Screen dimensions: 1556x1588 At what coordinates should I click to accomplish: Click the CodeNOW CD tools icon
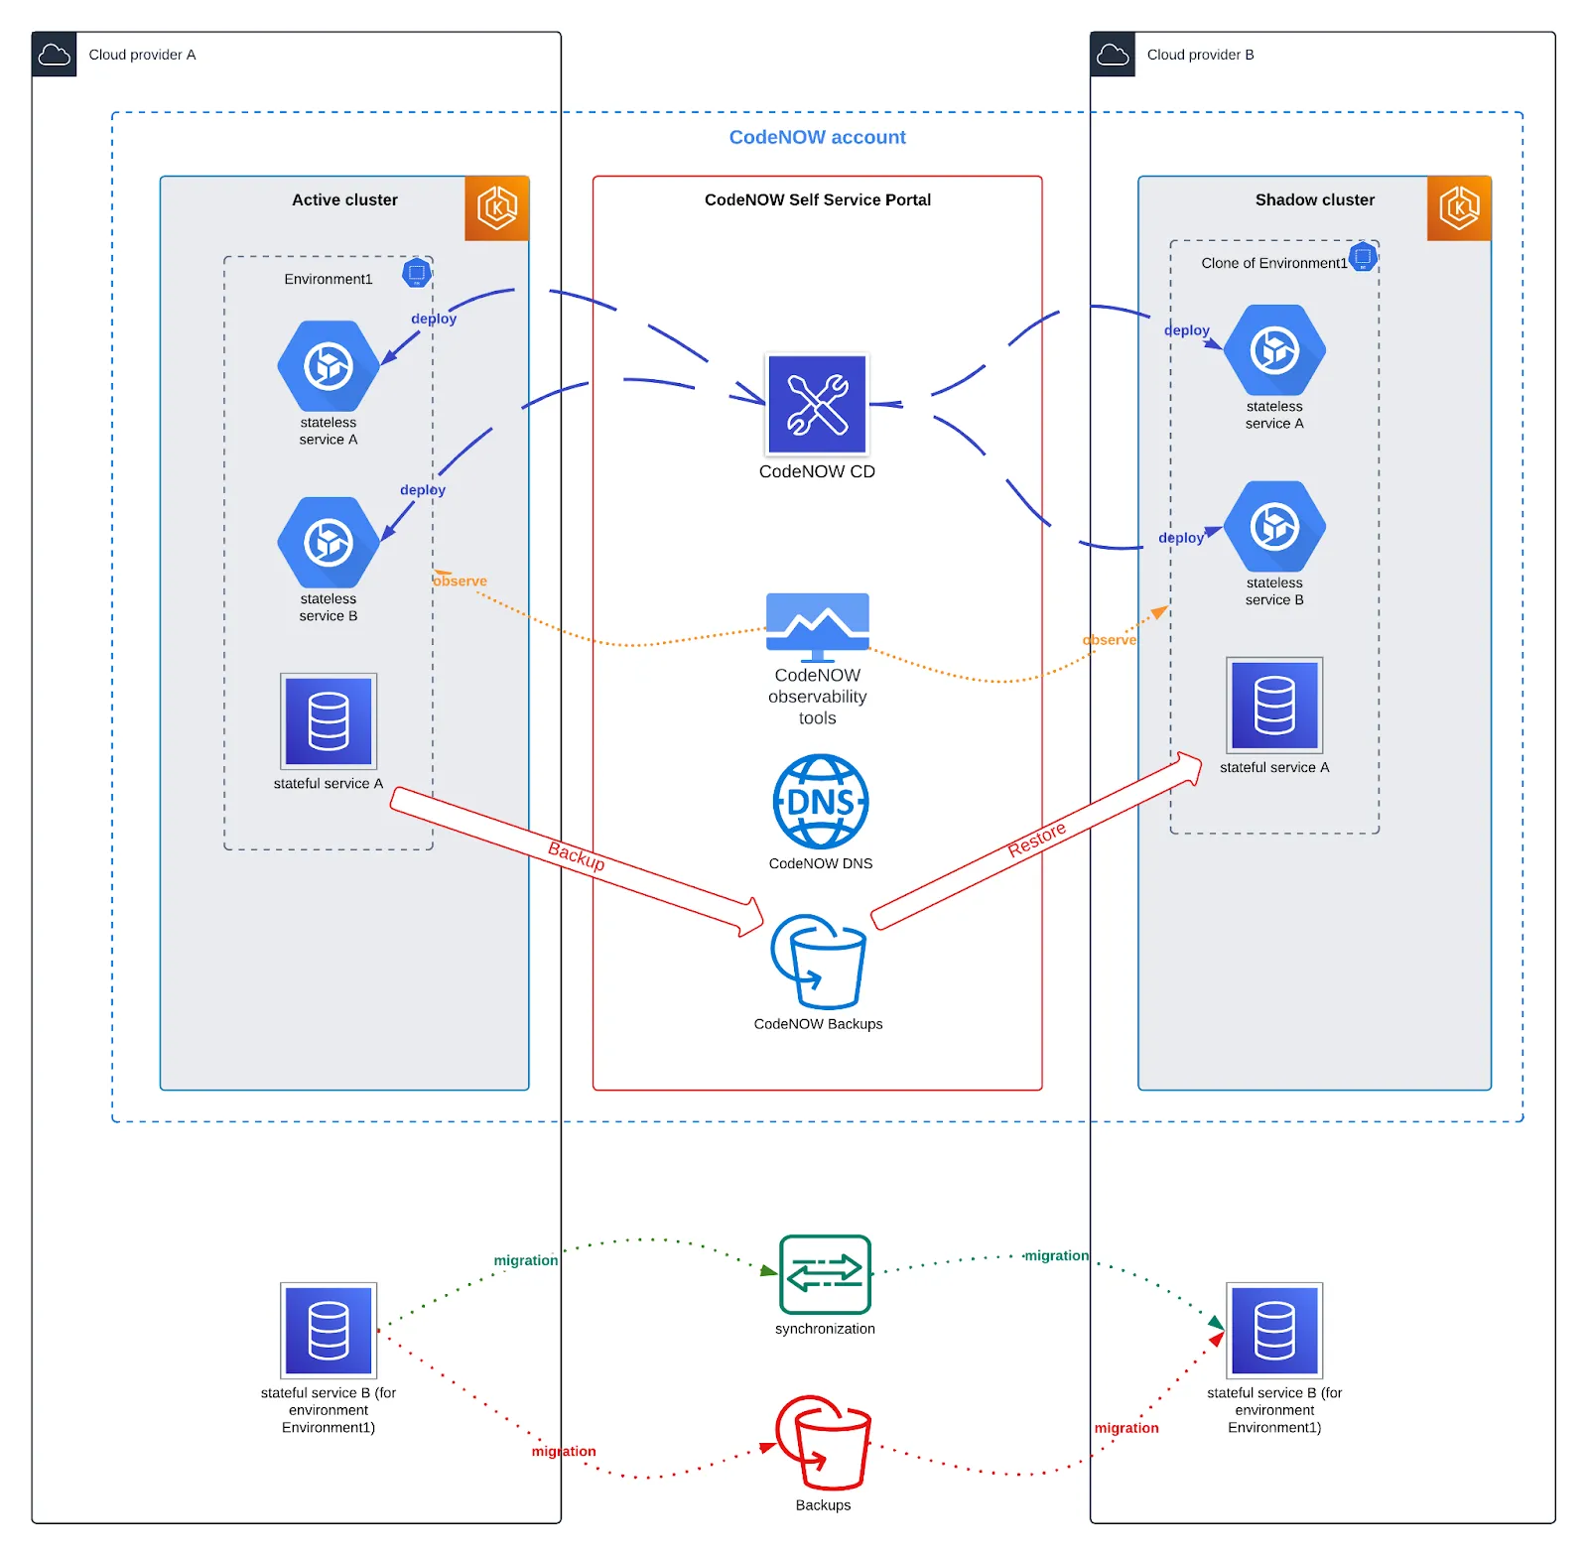[x=816, y=405]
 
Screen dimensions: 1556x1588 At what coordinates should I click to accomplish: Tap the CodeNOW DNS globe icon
[x=820, y=802]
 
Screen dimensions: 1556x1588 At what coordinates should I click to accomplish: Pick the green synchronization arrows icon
[x=825, y=1274]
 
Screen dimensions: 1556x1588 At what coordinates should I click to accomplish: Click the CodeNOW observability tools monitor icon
[x=817, y=626]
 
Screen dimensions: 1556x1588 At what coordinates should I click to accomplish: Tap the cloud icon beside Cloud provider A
[x=54, y=55]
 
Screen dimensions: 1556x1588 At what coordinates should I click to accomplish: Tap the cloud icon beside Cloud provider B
[x=1113, y=55]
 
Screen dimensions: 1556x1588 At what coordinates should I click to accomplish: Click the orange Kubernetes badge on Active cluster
[x=496, y=208]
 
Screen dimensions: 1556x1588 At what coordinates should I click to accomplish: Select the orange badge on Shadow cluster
[x=1459, y=208]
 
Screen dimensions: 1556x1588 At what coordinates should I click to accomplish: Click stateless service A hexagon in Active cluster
[x=328, y=365]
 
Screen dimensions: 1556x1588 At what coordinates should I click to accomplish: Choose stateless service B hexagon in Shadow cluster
[x=1274, y=526]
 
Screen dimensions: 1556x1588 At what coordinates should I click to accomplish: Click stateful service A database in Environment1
[x=329, y=721]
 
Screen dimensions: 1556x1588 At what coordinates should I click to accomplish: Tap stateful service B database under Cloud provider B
[x=1274, y=1331]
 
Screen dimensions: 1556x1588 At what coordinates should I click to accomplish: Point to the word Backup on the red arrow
[x=577, y=855]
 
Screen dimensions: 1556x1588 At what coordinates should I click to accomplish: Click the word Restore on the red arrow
[x=1036, y=839]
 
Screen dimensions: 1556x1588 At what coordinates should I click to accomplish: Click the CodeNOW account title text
[x=817, y=137]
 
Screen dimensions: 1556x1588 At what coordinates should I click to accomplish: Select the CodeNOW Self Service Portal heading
[x=817, y=199]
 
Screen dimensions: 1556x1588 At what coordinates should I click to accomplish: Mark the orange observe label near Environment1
[x=461, y=582]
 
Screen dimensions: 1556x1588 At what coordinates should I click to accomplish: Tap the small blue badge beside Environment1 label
[x=417, y=273]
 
